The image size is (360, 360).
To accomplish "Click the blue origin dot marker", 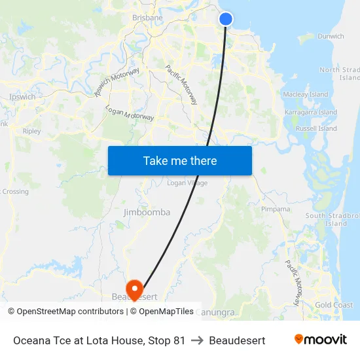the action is pyautogui.click(x=226, y=19).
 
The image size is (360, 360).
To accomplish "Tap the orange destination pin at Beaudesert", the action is pyautogui.click(x=135, y=289).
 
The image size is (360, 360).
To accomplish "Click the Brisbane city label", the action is pyautogui.click(x=147, y=18).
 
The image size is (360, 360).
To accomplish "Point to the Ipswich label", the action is pyautogui.click(x=23, y=97).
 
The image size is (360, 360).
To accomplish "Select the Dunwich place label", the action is pyautogui.click(x=331, y=37).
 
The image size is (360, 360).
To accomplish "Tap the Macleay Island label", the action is pyautogui.click(x=306, y=94).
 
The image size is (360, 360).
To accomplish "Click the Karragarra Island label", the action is pyautogui.click(x=311, y=113).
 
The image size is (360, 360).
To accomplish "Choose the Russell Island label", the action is pyautogui.click(x=316, y=129).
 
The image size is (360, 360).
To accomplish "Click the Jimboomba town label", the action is pyautogui.click(x=147, y=212).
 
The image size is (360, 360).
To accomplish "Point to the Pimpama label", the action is pyautogui.click(x=276, y=209).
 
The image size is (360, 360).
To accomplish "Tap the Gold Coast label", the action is pyautogui.click(x=334, y=305).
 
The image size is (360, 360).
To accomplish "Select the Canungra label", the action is pyautogui.click(x=215, y=313).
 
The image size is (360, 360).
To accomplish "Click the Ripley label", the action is pyautogui.click(x=31, y=131).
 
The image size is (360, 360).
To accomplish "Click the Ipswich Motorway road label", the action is pyautogui.click(x=117, y=82).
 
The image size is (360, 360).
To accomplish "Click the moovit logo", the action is pyautogui.click(x=320, y=340).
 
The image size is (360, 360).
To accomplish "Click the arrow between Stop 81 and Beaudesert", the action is pyautogui.click(x=197, y=340).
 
